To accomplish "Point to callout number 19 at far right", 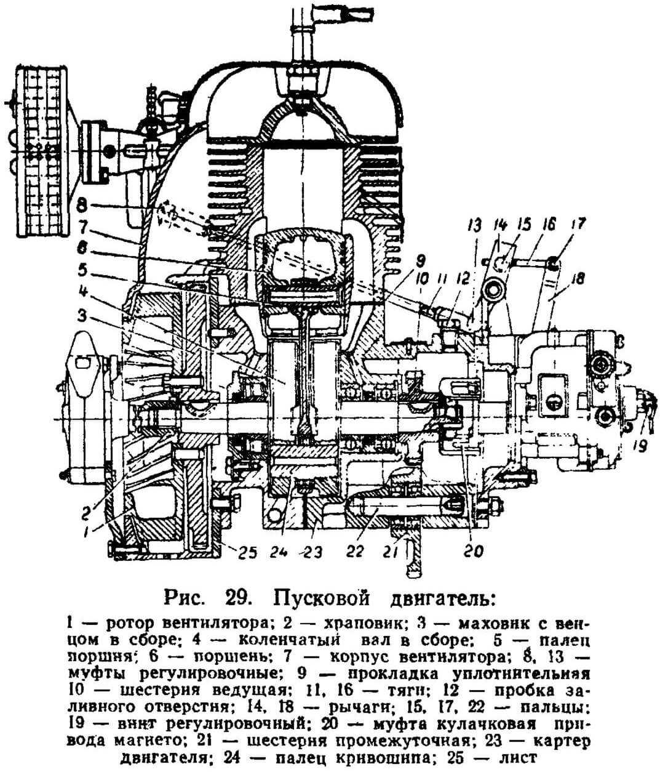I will point(640,445).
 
